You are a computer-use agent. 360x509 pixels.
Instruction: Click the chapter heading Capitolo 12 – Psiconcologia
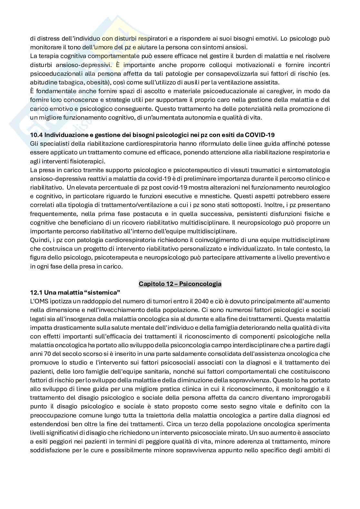point(180,284)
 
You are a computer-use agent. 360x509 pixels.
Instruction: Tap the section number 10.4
point(35,135)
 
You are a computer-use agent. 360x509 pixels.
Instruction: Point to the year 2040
point(201,301)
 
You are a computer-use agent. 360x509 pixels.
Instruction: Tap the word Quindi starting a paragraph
point(38,240)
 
